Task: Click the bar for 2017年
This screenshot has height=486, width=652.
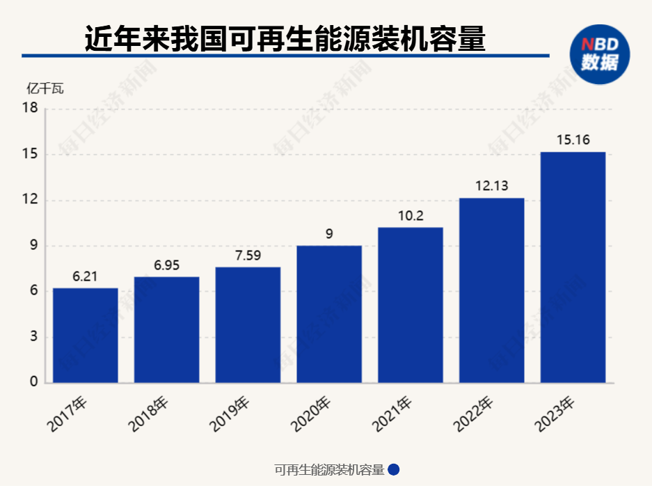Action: [86, 335]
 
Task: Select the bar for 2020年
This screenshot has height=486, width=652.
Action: [329, 314]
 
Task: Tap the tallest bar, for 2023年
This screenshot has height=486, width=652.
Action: [573, 267]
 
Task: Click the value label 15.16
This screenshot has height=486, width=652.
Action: [573, 140]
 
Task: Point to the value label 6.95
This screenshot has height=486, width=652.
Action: [166, 265]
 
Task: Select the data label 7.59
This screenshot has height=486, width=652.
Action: [248, 256]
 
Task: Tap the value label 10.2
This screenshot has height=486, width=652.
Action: [411, 216]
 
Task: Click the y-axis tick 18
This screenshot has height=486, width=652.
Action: [30, 108]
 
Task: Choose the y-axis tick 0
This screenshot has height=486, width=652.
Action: [33, 382]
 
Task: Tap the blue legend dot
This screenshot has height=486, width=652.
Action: [393, 470]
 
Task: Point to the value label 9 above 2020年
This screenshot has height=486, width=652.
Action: [329, 234]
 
